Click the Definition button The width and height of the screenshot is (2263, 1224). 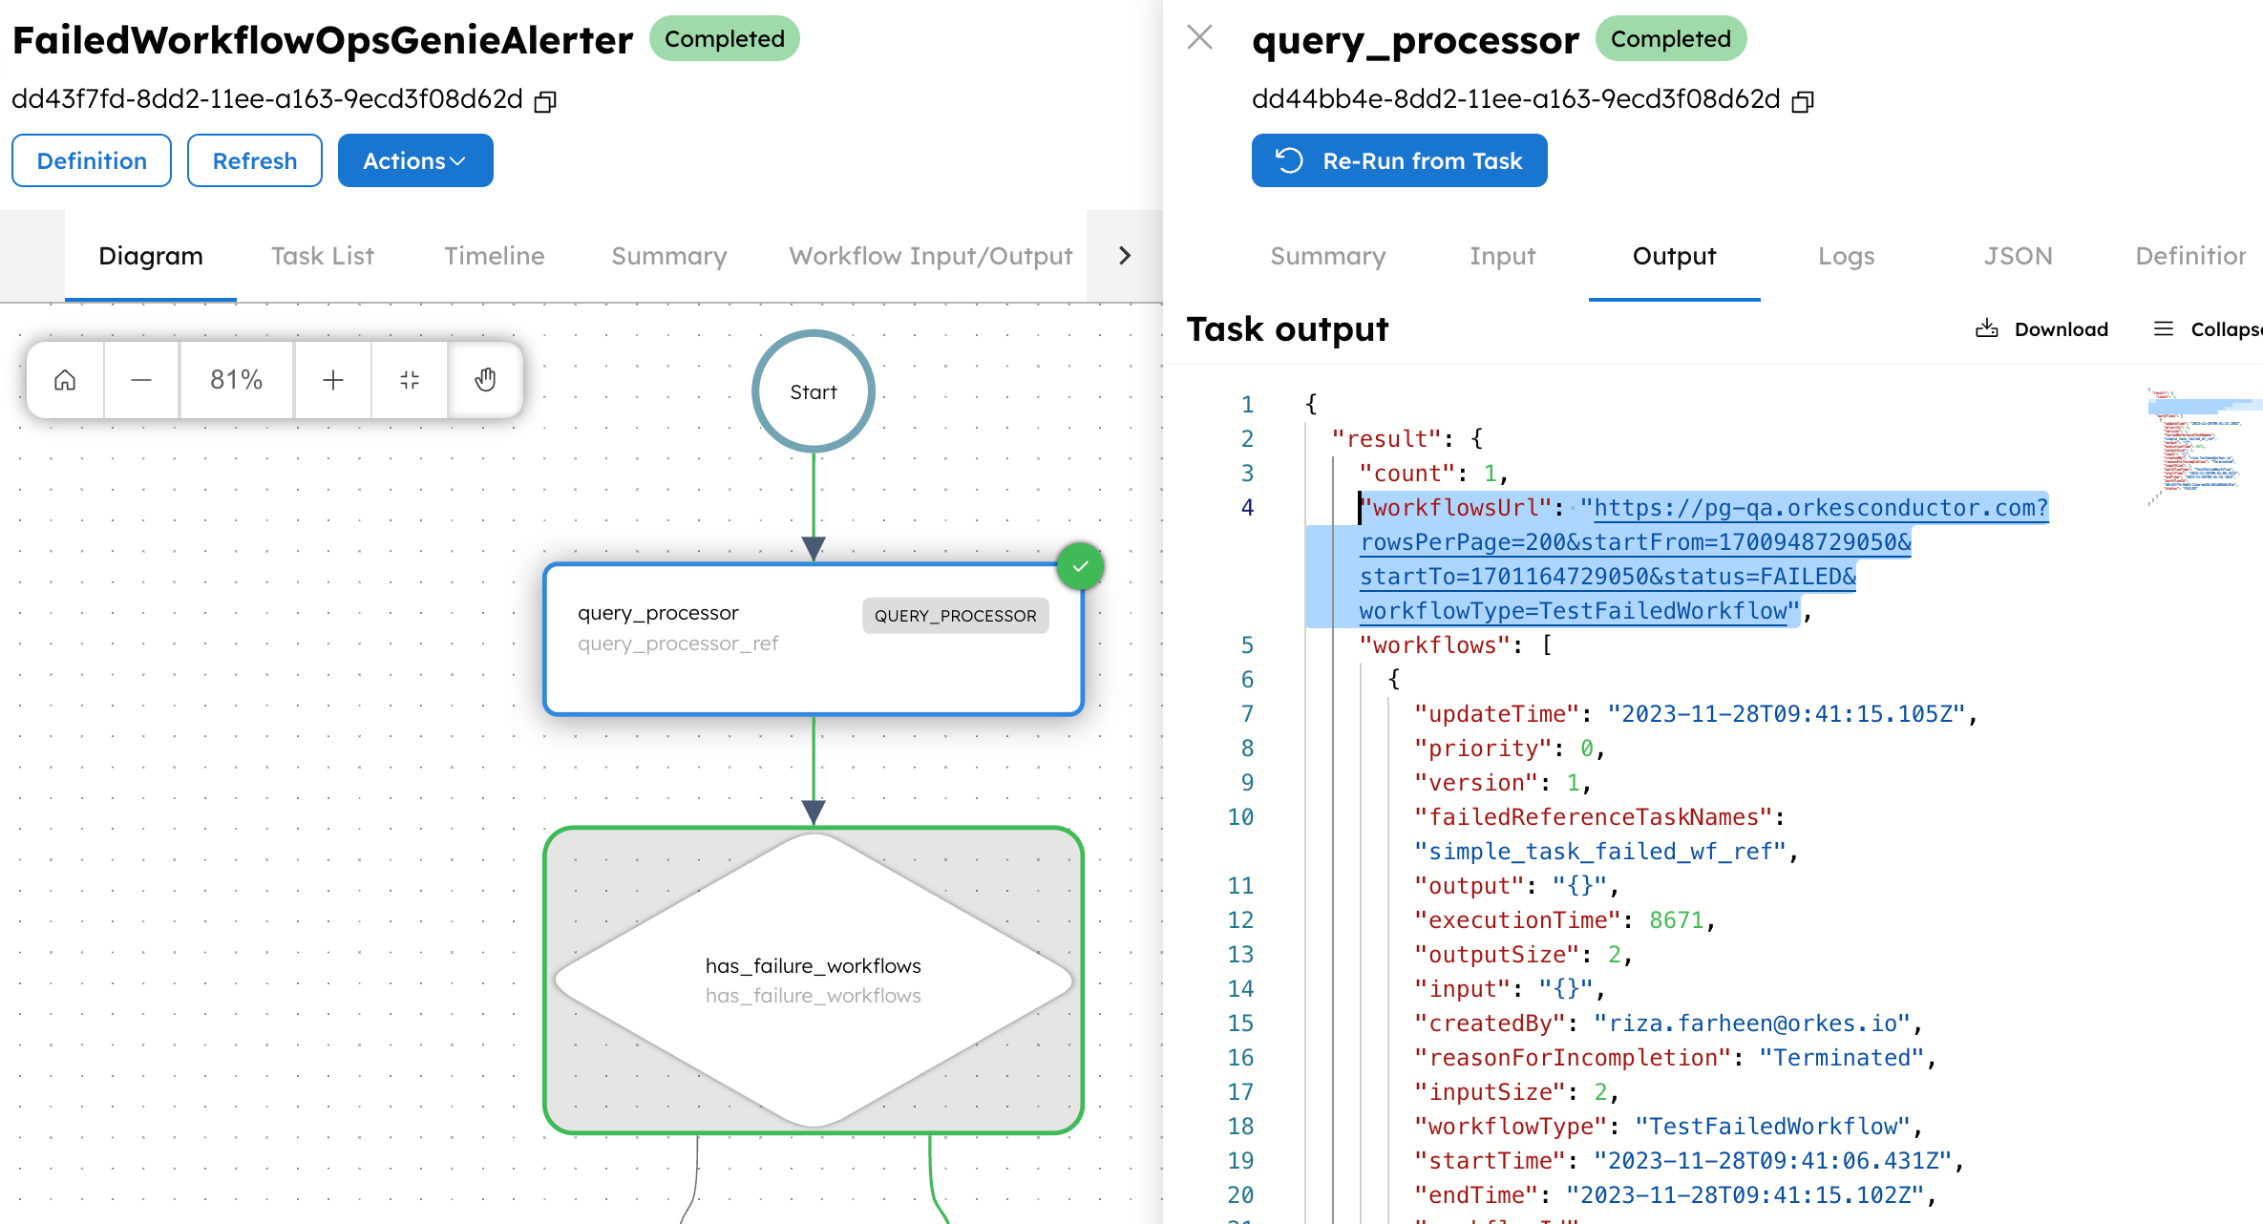(92, 160)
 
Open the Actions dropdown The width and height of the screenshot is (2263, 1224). (414, 160)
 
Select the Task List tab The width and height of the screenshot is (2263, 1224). (322, 256)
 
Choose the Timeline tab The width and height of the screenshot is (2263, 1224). (494, 256)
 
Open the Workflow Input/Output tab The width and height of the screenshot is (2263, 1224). (930, 256)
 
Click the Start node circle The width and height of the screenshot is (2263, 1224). (813, 391)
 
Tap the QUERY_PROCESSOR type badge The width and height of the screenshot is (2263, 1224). (955, 616)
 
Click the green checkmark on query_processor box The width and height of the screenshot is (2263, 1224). (1080, 567)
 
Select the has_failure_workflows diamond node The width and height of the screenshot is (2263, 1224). (813, 980)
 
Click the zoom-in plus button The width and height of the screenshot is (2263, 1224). (332, 380)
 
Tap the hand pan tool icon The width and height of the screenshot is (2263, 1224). (485, 380)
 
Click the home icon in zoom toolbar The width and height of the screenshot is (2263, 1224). (65, 380)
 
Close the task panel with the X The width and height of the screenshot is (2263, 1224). (1199, 38)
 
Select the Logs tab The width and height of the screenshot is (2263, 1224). (1846, 256)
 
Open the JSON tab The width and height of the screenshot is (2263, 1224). (2018, 256)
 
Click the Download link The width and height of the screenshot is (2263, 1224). (2042, 329)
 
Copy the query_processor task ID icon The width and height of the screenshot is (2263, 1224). (1802, 101)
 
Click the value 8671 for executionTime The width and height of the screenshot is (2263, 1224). (1676, 920)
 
